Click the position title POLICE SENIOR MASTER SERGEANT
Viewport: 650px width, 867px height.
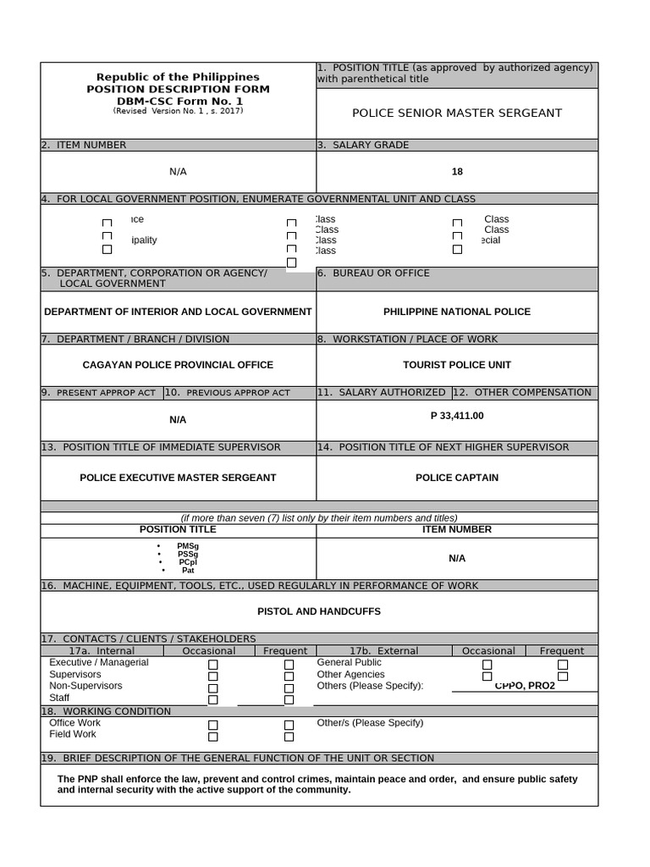pyautogui.click(x=456, y=113)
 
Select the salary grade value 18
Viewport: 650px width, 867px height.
pyautogui.click(x=457, y=172)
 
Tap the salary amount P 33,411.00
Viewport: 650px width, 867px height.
pyautogui.click(x=457, y=416)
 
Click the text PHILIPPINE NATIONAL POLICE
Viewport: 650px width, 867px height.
pyautogui.click(x=457, y=312)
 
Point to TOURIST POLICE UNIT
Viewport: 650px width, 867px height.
pyautogui.click(x=457, y=365)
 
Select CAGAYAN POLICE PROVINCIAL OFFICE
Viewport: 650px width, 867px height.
pyautogui.click(x=178, y=365)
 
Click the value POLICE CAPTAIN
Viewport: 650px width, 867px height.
pyautogui.click(x=457, y=478)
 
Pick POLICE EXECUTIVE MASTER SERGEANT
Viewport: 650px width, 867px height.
pyautogui.click(x=178, y=478)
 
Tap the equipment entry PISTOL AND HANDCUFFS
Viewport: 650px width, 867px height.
pyautogui.click(x=319, y=611)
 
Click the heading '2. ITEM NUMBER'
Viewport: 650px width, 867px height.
pyautogui.click(x=84, y=145)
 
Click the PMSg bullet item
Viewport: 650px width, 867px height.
pyautogui.click(x=188, y=546)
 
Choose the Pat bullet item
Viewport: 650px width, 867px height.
pyautogui.click(x=188, y=571)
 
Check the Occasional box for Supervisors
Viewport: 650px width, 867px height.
pyautogui.click(x=213, y=676)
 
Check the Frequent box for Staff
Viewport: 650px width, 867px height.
pyautogui.click(x=289, y=699)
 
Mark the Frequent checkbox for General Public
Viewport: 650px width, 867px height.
pyautogui.click(x=563, y=665)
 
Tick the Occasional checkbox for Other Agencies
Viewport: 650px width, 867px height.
pyautogui.click(x=487, y=676)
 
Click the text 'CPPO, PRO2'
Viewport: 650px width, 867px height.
pyautogui.click(x=525, y=685)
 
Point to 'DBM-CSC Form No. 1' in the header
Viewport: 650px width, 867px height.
pyautogui.click(x=178, y=101)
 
